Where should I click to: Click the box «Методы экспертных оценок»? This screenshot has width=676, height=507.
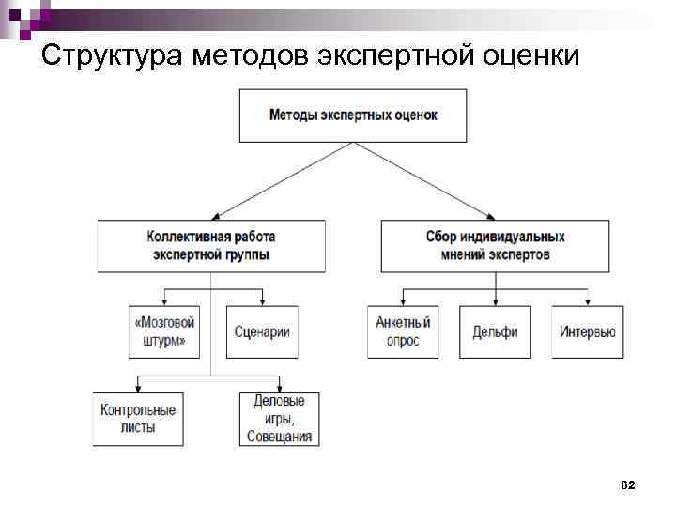[x=353, y=115]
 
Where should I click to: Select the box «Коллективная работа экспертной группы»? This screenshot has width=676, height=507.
[x=211, y=246]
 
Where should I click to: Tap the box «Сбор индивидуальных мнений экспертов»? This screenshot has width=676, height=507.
[x=495, y=246]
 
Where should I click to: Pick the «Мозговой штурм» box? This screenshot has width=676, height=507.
[x=166, y=331]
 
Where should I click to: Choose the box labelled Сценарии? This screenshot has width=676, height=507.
[x=262, y=331]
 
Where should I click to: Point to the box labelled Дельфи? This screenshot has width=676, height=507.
[x=495, y=331]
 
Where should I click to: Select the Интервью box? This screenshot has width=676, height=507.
[x=587, y=331]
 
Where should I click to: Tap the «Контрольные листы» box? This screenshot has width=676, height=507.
[x=138, y=418]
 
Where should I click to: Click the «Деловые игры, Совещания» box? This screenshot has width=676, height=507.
[x=279, y=418]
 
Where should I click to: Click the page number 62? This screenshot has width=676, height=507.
[x=628, y=484]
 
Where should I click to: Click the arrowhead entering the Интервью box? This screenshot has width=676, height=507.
[x=587, y=301]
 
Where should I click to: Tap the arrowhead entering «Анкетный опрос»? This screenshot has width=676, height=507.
[x=403, y=301]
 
